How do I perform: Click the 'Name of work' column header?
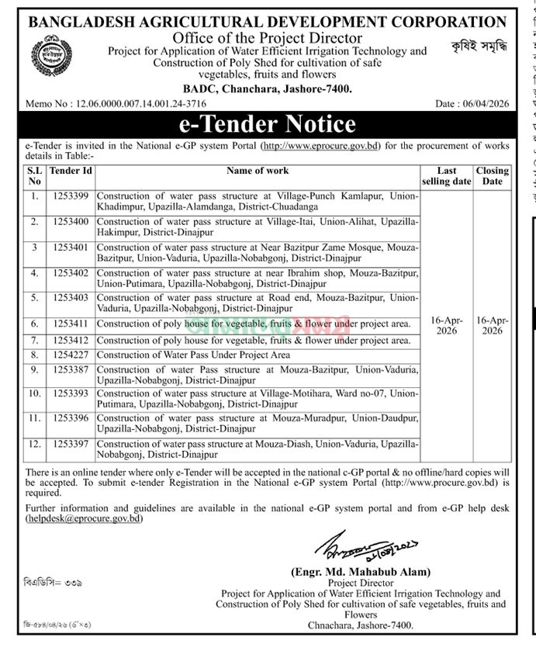click(x=257, y=171)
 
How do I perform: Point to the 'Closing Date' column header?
click(x=492, y=175)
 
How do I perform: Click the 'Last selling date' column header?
click(x=446, y=175)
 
